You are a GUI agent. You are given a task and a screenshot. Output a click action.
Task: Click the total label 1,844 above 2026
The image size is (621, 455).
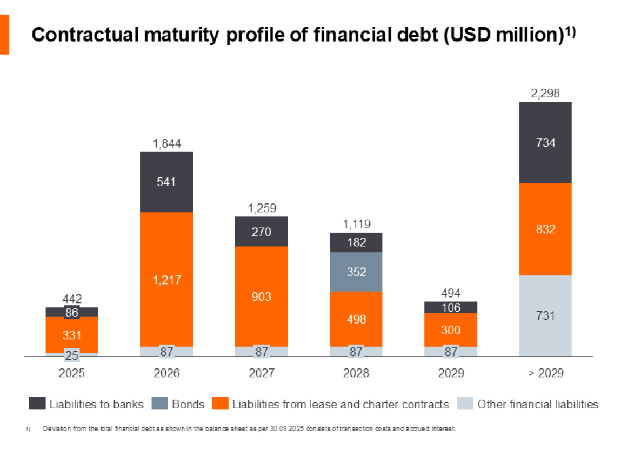pyautogui.click(x=166, y=143)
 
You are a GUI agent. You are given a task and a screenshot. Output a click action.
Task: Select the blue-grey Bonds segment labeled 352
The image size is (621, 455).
pyautogui.click(x=356, y=272)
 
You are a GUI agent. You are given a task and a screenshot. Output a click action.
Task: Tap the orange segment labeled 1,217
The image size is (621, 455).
pyautogui.click(x=166, y=280)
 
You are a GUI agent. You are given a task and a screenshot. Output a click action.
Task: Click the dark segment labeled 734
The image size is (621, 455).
pyautogui.click(x=545, y=143)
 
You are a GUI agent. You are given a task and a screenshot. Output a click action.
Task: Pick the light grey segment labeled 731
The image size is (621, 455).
pyautogui.click(x=545, y=315)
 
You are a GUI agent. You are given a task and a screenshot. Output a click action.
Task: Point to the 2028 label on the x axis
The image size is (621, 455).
pyautogui.click(x=356, y=373)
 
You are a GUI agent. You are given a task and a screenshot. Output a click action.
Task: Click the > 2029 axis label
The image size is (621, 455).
pyautogui.click(x=545, y=373)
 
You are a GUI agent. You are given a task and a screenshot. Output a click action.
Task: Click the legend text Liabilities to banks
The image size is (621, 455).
pyautogui.click(x=96, y=404)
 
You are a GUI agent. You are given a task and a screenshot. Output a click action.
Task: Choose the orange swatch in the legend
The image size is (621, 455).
pyautogui.click(x=220, y=404)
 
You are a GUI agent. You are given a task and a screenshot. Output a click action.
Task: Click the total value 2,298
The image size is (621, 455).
pyautogui.click(x=545, y=94)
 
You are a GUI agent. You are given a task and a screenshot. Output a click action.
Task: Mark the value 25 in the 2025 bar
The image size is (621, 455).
pyautogui.click(x=72, y=355)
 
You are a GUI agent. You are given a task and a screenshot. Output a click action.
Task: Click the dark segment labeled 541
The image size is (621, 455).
pyautogui.click(x=166, y=182)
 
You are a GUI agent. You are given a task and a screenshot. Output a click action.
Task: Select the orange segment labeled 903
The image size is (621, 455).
pyautogui.click(x=262, y=296)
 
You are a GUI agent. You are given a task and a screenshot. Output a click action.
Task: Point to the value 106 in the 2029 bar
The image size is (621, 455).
pyautogui.click(x=451, y=307)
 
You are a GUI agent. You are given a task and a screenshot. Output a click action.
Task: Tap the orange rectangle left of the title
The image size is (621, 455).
pyautogui.click(x=4, y=35)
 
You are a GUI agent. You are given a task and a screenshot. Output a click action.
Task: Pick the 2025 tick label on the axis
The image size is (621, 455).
pyautogui.click(x=72, y=373)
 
